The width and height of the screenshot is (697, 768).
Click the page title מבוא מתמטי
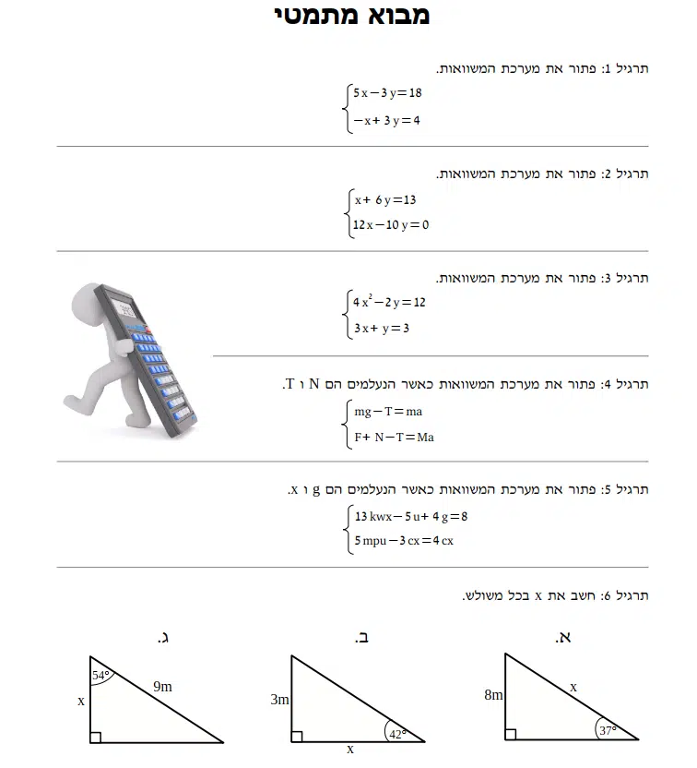(352, 16)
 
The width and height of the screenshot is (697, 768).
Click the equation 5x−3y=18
(387, 92)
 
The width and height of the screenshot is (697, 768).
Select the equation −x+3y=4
(386, 120)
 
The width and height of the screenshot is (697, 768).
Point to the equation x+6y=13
(385, 199)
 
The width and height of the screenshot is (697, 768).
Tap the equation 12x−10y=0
(391, 225)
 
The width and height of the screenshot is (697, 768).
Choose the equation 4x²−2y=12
(389, 302)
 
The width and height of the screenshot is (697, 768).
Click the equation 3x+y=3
(382, 328)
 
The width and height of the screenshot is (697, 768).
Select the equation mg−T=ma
(388, 412)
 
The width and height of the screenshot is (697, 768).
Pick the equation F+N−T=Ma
(394, 437)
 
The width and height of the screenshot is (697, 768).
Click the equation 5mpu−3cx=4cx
(404, 541)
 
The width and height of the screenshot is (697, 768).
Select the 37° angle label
(607, 731)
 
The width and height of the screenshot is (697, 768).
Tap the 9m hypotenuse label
(163, 686)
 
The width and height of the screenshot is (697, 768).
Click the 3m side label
(279, 700)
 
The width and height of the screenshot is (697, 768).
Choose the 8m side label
(493, 695)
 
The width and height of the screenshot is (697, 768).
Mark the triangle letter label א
(563, 637)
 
